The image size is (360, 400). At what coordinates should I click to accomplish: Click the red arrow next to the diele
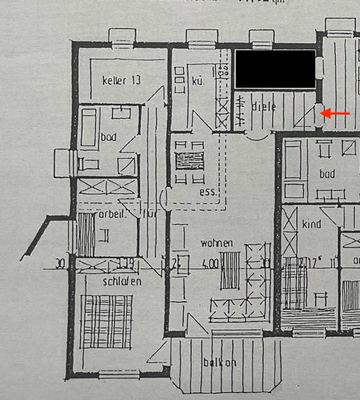coord(337,114)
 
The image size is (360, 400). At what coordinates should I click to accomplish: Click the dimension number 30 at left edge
coord(61,264)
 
